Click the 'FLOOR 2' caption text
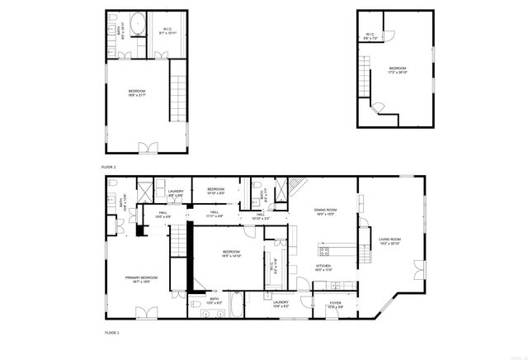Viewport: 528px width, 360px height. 109,167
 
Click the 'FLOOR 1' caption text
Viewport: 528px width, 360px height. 111,332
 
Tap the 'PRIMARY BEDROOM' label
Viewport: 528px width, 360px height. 141,279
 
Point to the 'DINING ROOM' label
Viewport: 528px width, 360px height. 325,211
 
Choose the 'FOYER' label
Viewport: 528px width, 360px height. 335,304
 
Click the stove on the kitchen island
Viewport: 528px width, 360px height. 324,250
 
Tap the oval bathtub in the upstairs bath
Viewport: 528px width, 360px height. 139,22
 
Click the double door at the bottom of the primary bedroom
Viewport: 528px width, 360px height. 147,312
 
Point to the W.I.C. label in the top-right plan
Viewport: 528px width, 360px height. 370,35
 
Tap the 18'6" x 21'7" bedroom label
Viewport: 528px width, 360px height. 136,92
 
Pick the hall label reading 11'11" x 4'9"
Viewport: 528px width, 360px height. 214,214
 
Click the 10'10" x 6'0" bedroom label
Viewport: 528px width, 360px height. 216,191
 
